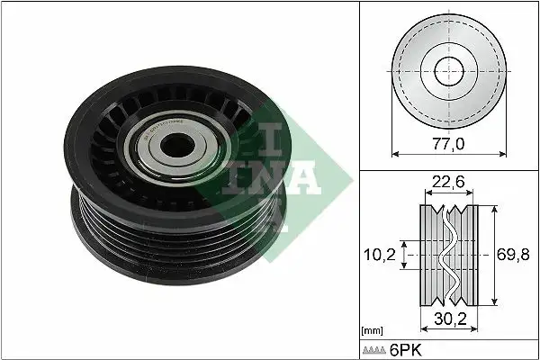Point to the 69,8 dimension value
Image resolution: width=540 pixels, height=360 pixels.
(516, 255)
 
